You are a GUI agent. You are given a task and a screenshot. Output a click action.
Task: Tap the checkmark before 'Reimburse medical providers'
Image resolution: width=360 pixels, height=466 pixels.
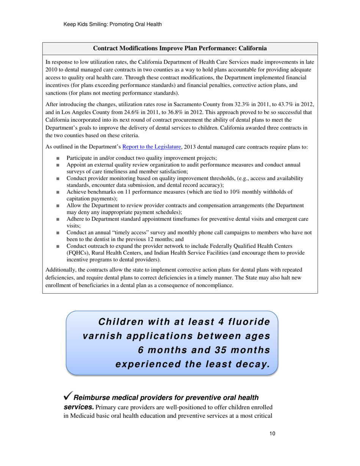click(68, 396)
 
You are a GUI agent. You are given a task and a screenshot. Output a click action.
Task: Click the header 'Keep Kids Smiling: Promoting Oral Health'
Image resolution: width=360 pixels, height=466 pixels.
click(113, 24)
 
